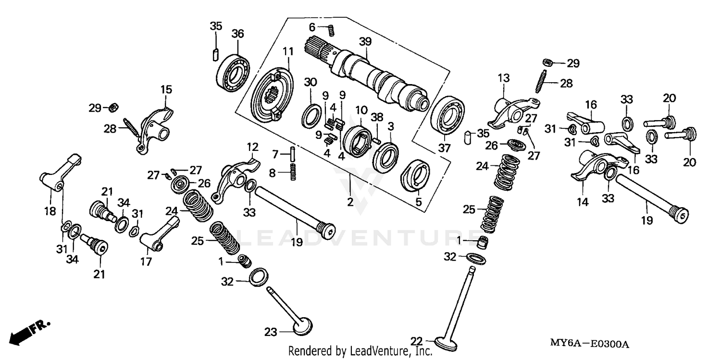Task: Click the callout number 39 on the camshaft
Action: (366, 42)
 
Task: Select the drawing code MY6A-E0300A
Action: (590, 344)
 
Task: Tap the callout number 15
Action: (166, 90)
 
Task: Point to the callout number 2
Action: (350, 202)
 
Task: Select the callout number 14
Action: (583, 202)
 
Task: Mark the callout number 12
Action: (252, 147)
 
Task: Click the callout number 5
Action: (418, 202)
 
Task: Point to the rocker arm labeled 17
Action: (159, 234)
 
